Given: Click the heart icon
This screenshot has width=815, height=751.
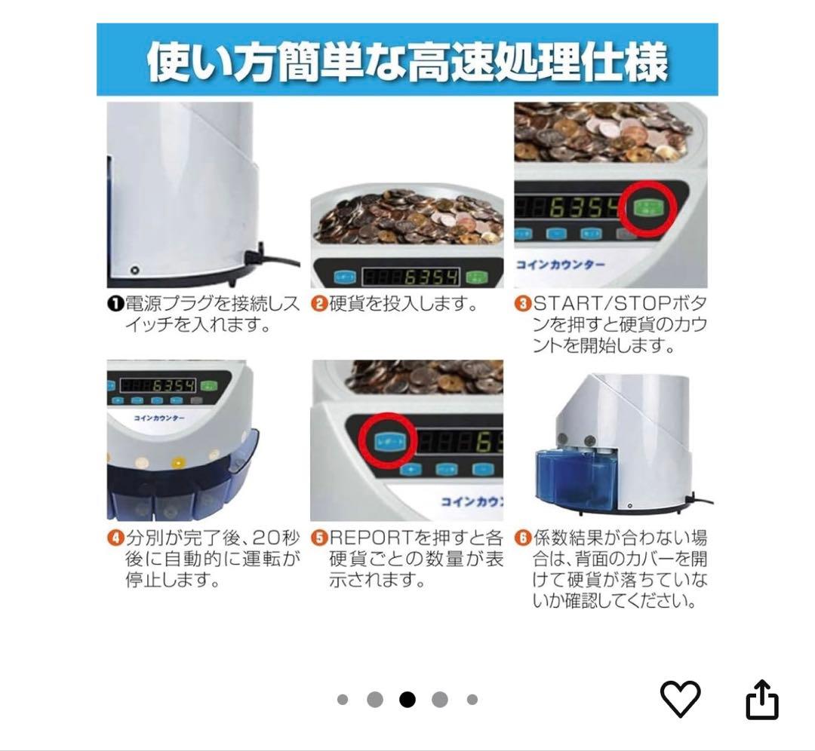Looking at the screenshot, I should (680, 698).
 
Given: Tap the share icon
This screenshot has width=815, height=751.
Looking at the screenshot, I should (761, 700).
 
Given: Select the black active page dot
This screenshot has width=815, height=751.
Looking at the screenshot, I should (407, 700).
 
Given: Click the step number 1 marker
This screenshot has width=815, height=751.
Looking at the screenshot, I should (115, 305).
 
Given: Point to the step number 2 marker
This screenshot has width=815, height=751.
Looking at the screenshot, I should (318, 305).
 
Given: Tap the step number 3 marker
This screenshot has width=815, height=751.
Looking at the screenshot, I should (523, 305).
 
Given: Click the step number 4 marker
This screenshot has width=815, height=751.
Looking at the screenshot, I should (115, 538).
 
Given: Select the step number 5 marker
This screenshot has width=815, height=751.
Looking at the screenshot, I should (318, 538).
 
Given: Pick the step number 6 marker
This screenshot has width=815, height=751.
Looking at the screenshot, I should (523, 538).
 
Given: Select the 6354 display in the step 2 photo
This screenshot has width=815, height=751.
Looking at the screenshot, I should (411, 277).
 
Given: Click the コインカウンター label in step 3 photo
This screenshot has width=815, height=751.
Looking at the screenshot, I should (560, 265).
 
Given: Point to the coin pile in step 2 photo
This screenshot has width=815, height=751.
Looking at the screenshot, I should (407, 219).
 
